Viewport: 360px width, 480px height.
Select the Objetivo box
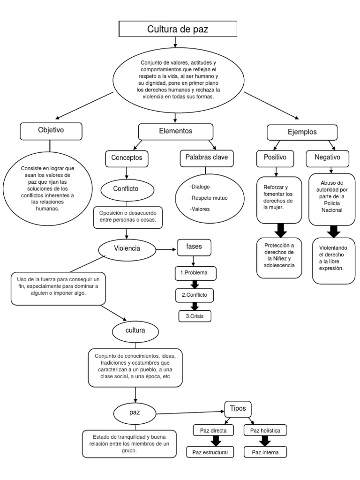(51, 131)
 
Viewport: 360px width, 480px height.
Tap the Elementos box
(175, 131)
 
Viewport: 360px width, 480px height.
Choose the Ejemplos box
(302, 132)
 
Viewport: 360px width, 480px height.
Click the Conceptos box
(127, 158)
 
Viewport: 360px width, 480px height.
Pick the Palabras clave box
(206, 158)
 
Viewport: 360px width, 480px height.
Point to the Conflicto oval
(126, 189)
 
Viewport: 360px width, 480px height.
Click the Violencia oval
(127, 248)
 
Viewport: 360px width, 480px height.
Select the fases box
(194, 247)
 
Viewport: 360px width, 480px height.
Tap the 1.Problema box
(195, 272)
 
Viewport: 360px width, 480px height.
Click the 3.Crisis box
(195, 316)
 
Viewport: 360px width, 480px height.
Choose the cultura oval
(135, 330)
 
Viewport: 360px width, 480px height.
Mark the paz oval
(135, 412)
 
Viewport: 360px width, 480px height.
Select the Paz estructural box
(214, 452)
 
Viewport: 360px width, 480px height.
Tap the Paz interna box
(265, 452)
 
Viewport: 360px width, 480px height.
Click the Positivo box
(275, 158)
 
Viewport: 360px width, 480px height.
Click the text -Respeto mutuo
(209, 198)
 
